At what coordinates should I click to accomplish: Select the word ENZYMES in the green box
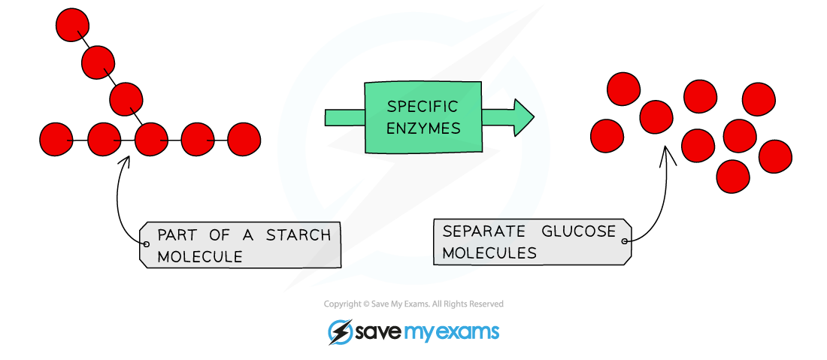click(423, 129)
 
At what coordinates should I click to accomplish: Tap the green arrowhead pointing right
click(524, 117)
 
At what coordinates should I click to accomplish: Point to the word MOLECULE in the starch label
click(200, 256)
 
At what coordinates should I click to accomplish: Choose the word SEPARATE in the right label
click(478, 231)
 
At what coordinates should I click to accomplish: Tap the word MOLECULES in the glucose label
click(489, 253)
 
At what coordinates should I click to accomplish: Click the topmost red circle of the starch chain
click(72, 25)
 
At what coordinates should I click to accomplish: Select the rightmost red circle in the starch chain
click(244, 139)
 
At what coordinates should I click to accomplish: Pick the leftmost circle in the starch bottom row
click(56, 139)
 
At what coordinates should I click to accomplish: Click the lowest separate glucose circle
click(732, 177)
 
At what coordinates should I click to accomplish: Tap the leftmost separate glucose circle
click(607, 136)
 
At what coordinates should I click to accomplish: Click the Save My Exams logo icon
click(341, 331)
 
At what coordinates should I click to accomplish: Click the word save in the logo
click(377, 331)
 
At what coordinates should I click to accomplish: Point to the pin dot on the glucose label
click(624, 241)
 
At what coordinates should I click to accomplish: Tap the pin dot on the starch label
click(145, 244)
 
